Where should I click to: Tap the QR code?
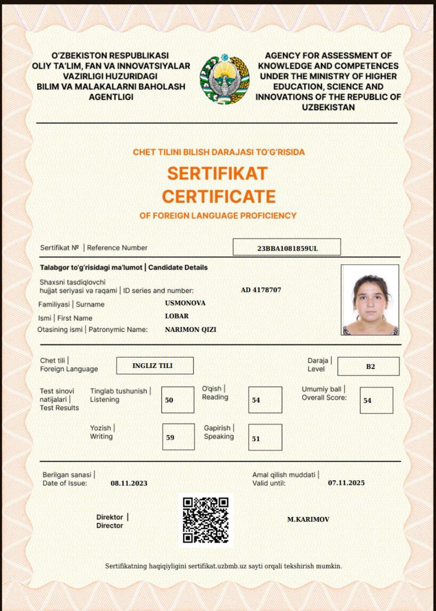[206, 520]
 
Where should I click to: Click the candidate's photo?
[370, 300]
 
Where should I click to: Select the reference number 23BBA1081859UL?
[287, 248]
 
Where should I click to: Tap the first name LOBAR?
[177, 316]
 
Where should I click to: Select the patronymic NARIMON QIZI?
[191, 329]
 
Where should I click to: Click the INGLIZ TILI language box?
[155, 366]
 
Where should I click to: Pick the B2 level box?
[368, 367]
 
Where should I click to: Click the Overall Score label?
[324, 393]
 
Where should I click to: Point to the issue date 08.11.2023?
[129, 483]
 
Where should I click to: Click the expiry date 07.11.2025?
[346, 483]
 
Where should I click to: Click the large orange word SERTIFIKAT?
[217, 173]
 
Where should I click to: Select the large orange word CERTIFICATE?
[219, 196]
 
